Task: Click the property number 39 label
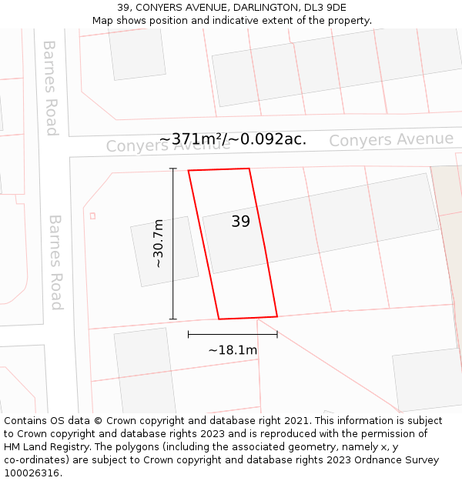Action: click(240, 222)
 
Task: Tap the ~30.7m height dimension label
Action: click(159, 244)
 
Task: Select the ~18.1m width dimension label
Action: click(233, 350)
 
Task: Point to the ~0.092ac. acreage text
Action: click(273, 139)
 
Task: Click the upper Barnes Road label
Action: click(51, 88)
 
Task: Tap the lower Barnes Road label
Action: click(55, 262)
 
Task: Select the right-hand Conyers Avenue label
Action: click(391, 139)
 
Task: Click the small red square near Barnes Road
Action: click(92, 215)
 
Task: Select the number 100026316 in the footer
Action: click(33, 473)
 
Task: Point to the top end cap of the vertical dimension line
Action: click(173, 169)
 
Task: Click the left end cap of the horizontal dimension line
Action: click(189, 335)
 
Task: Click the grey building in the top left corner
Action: click(137, 52)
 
